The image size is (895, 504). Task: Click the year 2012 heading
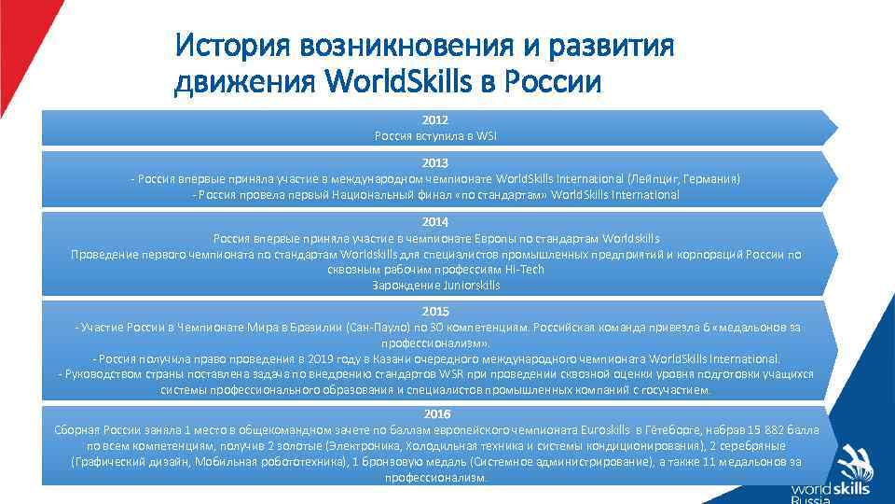[434, 120]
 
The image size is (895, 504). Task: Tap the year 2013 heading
[434, 162]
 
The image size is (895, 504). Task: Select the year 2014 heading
[434, 222]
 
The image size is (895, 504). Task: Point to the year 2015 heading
[434, 311]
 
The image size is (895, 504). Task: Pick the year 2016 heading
[436, 413]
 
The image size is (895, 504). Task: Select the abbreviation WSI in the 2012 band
[487, 136]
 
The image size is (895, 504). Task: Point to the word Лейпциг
[658, 178]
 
